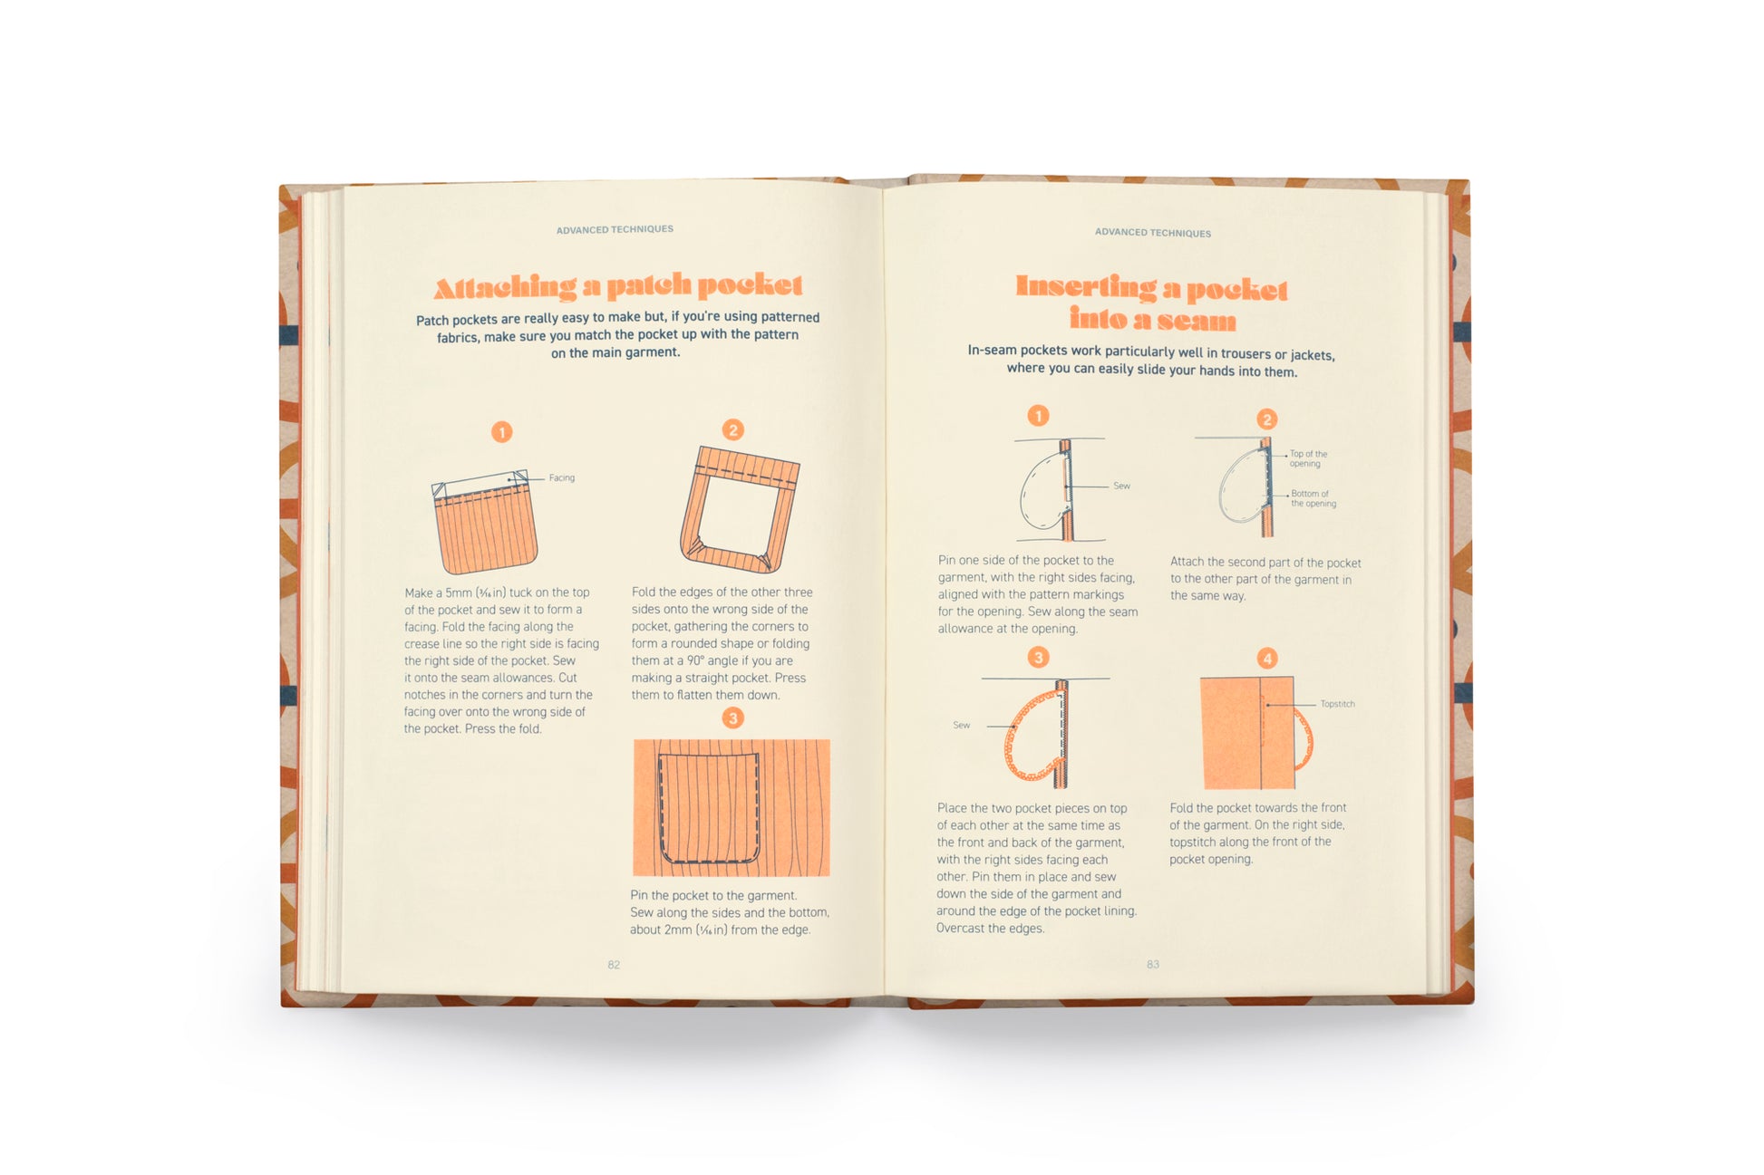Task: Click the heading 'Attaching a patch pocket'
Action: (618, 286)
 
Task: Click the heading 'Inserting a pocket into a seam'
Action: (1151, 303)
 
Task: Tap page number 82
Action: (614, 965)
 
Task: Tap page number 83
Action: (1152, 964)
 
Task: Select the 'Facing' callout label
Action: (561, 477)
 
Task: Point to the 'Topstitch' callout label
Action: (1337, 704)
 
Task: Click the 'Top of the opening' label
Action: (1307, 458)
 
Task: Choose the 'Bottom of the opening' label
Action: (1313, 498)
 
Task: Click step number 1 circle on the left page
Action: (501, 432)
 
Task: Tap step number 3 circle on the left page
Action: (732, 718)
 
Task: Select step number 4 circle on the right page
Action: (1266, 658)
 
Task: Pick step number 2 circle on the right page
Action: (1266, 419)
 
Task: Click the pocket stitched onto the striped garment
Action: (708, 806)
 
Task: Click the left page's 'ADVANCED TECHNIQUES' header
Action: (615, 229)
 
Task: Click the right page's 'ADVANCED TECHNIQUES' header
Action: (1152, 233)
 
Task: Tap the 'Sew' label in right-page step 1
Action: (1121, 486)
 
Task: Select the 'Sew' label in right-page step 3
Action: (961, 725)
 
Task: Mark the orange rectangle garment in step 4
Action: (1246, 733)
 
